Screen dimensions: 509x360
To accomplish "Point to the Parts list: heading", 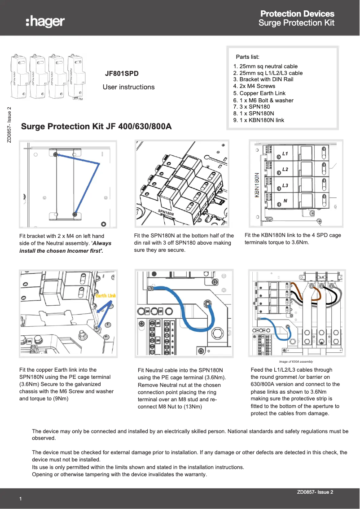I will click(x=248, y=57).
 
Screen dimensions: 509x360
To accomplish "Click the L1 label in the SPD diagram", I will click(x=285, y=154).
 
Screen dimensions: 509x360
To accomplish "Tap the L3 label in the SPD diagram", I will click(x=285, y=185).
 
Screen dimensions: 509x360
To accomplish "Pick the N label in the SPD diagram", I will click(x=285, y=201).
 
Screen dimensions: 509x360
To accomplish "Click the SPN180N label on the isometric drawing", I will click(x=166, y=213).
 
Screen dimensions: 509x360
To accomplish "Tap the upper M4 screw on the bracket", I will click(x=55, y=154).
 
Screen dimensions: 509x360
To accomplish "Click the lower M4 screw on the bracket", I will click(x=75, y=215).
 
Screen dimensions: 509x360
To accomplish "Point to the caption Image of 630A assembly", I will click(x=296, y=361).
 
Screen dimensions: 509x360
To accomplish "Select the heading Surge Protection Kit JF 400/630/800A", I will click(x=97, y=127).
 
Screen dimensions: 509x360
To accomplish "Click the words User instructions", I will click(x=128, y=87).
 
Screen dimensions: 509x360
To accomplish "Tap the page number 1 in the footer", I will click(x=20, y=499).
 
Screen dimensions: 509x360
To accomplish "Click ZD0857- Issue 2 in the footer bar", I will click(x=315, y=492).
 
